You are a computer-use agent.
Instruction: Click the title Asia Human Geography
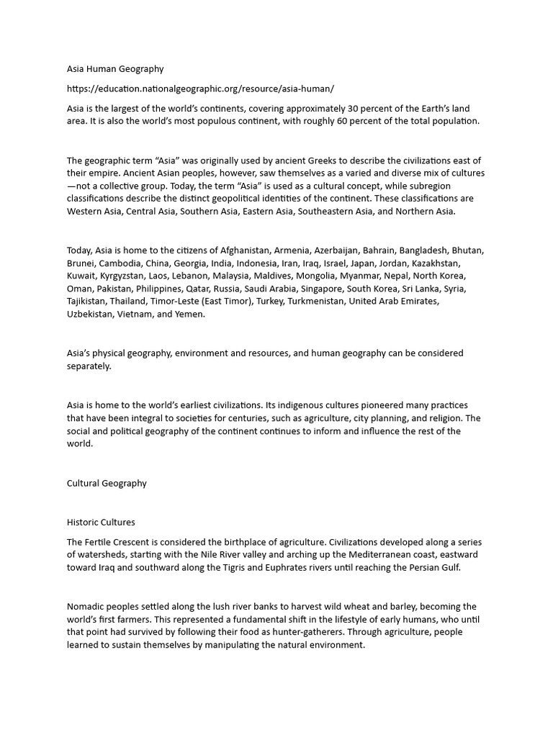tap(115, 69)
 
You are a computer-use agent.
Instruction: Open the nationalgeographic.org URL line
tap(200, 89)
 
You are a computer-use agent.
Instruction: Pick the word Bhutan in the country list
tap(467, 250)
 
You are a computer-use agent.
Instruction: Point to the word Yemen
tap(191, 315)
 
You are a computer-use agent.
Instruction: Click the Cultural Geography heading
tap(107, 484)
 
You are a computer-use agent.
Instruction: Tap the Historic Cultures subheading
tap(101, 523)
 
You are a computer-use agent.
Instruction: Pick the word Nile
tap(232, 555)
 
